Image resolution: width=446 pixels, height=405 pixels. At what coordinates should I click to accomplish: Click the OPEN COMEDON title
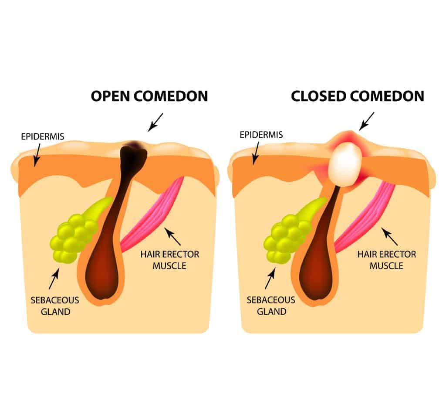[149, 96]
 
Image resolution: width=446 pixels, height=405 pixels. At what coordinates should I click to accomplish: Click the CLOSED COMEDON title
[358, 96]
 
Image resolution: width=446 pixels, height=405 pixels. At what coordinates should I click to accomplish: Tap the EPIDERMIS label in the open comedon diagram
[43, 136]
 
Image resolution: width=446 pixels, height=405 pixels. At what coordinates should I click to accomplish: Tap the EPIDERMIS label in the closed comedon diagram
[261, 135]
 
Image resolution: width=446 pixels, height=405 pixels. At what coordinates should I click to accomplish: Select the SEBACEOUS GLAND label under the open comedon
[55, 306]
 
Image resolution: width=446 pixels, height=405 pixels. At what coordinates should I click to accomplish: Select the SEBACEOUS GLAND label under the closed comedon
[271, 306]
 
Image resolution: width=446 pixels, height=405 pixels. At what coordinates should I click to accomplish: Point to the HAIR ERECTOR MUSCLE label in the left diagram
[170, 260]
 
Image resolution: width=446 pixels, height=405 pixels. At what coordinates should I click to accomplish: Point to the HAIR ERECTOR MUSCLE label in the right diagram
[387, 260]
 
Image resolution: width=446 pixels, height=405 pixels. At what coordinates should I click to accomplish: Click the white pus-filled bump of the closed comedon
[345, 164]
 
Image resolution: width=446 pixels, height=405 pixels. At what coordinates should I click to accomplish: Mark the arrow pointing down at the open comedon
[155, 123]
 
